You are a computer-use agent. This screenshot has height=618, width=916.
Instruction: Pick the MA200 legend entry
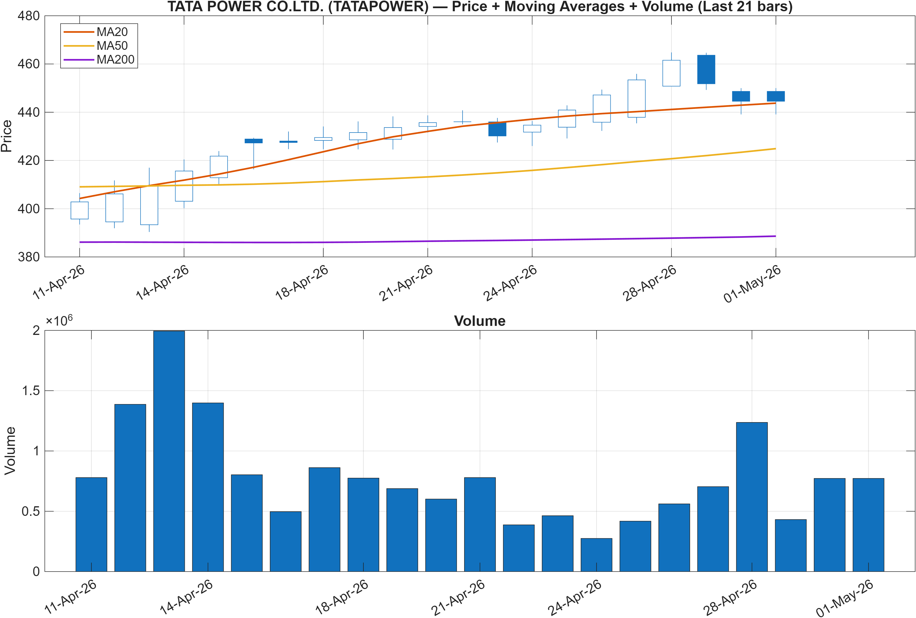(99, 59)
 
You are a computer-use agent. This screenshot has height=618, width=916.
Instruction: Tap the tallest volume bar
(169, 451)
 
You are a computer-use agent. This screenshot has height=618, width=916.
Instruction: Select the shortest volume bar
(596, 555)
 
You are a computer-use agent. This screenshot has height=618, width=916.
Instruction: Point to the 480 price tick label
(29, 16)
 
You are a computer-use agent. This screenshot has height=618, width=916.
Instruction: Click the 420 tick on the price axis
(29, 161)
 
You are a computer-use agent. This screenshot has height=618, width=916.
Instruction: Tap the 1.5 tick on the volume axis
(31, 391)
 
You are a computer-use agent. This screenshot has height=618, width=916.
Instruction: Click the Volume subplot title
(480, 321)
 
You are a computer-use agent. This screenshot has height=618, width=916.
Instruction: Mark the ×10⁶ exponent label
(59, 320)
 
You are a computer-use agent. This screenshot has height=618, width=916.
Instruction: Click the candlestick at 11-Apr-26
(80, 210)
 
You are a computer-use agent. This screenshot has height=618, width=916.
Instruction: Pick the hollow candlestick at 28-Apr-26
(671, 73)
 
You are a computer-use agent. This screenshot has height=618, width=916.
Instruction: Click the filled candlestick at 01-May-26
(776, 97)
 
